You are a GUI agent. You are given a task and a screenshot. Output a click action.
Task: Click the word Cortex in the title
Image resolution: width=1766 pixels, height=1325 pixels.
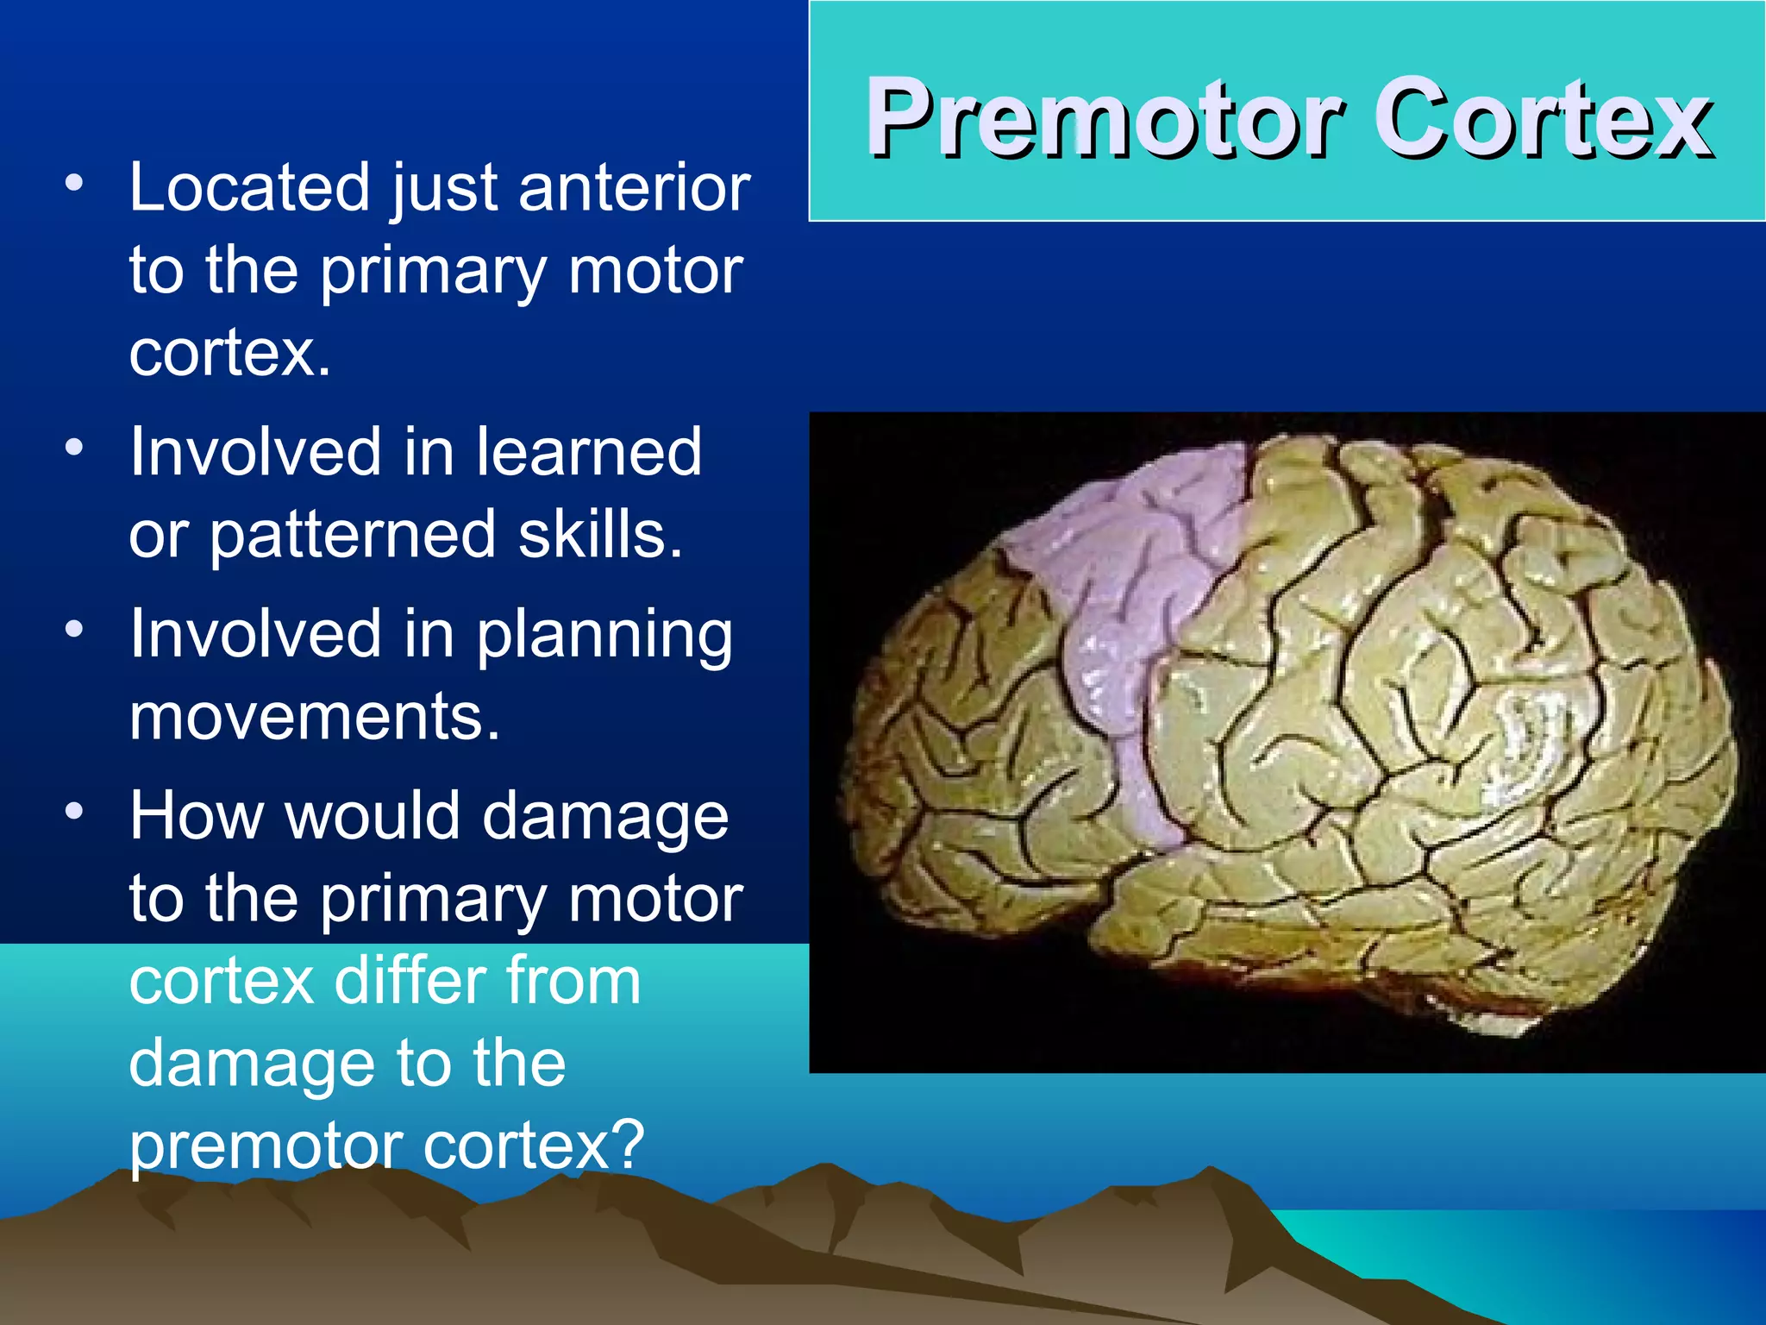click(x=1542, y=118)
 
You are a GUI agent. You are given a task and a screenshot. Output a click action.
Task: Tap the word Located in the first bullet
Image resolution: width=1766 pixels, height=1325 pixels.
click(x=250, y=187)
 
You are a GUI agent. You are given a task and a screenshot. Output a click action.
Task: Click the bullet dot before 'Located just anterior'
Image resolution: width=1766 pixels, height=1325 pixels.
click(x=75, y=182)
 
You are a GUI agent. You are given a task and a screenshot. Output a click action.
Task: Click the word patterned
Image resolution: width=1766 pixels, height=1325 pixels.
click(x=353, y=535)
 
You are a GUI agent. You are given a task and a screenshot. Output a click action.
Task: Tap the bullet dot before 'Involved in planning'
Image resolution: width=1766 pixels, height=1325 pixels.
click(x=75, y=629)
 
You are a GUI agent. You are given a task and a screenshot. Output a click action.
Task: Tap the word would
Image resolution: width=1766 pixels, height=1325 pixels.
click(x=373, y=815)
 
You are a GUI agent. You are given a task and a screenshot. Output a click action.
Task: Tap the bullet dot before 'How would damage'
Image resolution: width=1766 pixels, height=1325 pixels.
click(x=75, y=811)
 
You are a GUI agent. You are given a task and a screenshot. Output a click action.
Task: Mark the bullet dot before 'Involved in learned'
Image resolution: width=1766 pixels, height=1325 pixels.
click(x=75, y=447)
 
